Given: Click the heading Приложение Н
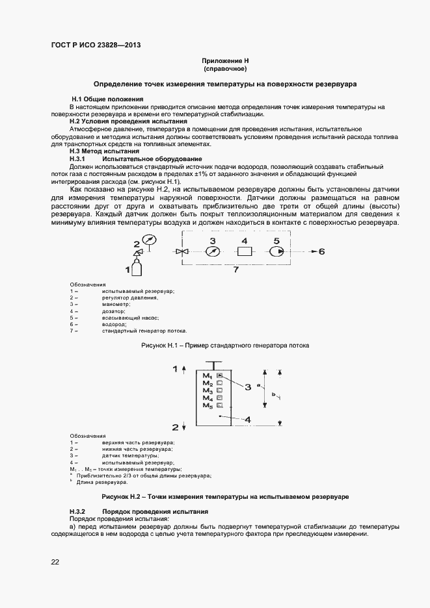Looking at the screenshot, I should tap(224, 60).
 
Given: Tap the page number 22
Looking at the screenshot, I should tap(55, 561).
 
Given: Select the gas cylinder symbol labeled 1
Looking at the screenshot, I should tap(137, 267).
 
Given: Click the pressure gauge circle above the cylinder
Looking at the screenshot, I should tap(150, 240).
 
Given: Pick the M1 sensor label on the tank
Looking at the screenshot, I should tap(208, 375).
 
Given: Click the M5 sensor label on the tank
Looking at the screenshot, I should tap(208, 405).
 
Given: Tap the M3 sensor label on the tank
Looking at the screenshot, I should tap(208, 390).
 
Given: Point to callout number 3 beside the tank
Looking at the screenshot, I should tap(248, 387).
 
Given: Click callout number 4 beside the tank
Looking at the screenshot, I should tap(248, 419).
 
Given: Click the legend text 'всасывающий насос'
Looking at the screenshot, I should tap(130, 317).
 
